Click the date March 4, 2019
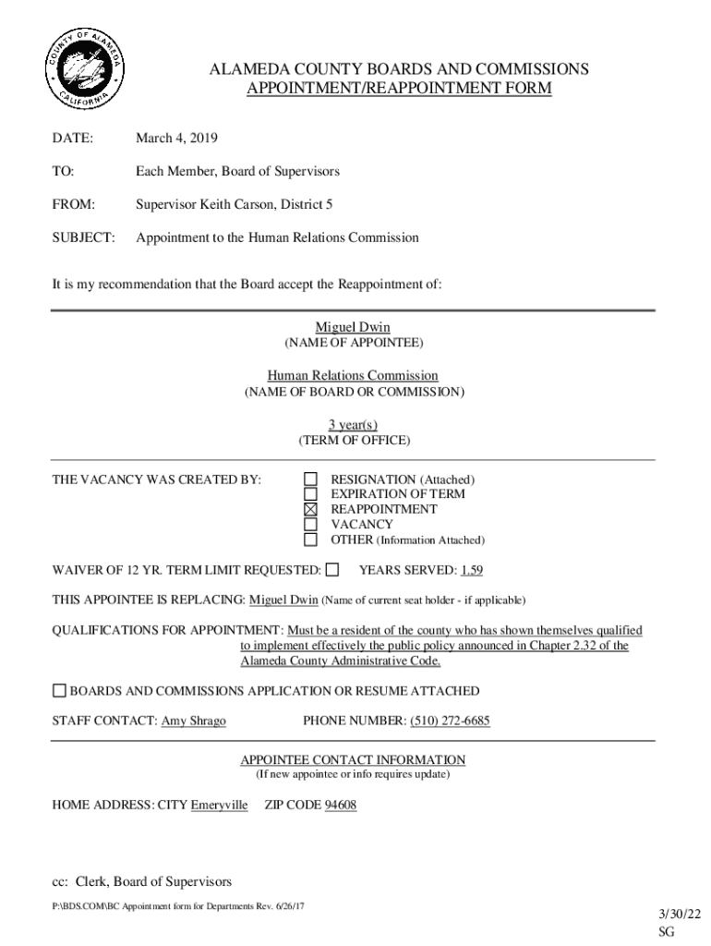click(x=176, y=139)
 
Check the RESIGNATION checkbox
click(x=311, y=479)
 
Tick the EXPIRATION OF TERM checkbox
click(x=311, y=494)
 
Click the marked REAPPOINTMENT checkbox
click(x=311, y=509)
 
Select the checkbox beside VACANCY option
click(x=311, y=524)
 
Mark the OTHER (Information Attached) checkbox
click(x=311, y=540)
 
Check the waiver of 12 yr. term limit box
click(x=332, y=569)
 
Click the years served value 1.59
click(x=472, y=570)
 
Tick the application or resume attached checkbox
click(x=59, y=691)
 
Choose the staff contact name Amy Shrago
click(x=193, y=721)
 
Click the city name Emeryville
click(x=219, y=806)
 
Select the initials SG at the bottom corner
click(x=667, y=933)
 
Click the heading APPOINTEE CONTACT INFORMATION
click(x=353, y=759)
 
